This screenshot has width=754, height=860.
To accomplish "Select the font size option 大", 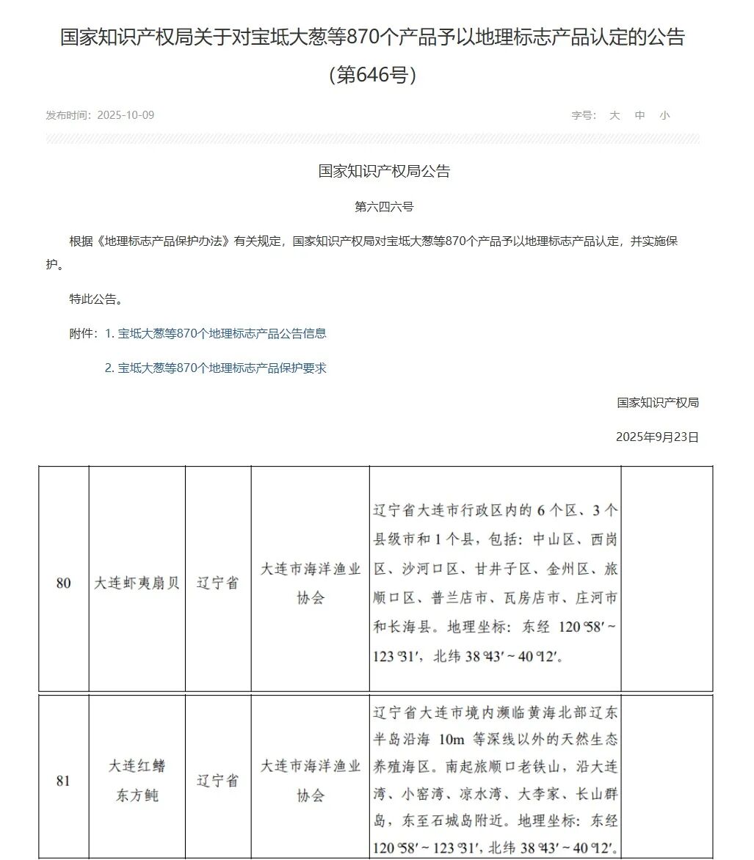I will [615, 115].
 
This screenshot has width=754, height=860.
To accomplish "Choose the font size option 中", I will [639, 115].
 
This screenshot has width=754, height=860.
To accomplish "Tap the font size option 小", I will [664, 115].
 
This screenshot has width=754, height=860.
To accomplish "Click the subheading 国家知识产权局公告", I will [384, 171].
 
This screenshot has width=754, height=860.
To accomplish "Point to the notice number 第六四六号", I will [384, 207].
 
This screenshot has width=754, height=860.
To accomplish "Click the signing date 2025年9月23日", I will [657, 437].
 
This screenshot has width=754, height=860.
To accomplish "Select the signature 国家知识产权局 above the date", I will [657, 402].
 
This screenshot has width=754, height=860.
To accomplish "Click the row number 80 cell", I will [64, 583].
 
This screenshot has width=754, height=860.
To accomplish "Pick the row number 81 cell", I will [64, 781].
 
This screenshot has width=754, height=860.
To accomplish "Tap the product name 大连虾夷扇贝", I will [137, 583].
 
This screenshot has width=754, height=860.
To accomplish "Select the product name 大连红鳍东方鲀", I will [137, 781].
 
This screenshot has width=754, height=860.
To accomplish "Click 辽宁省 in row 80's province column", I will [218, 583].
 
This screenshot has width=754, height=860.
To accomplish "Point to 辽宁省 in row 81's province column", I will [218, 781].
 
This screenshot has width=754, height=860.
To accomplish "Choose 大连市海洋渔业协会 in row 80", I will [311, 583].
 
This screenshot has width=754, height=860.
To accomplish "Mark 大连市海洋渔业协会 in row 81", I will [311, 781].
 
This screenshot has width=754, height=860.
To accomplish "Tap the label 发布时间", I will [68, 115].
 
